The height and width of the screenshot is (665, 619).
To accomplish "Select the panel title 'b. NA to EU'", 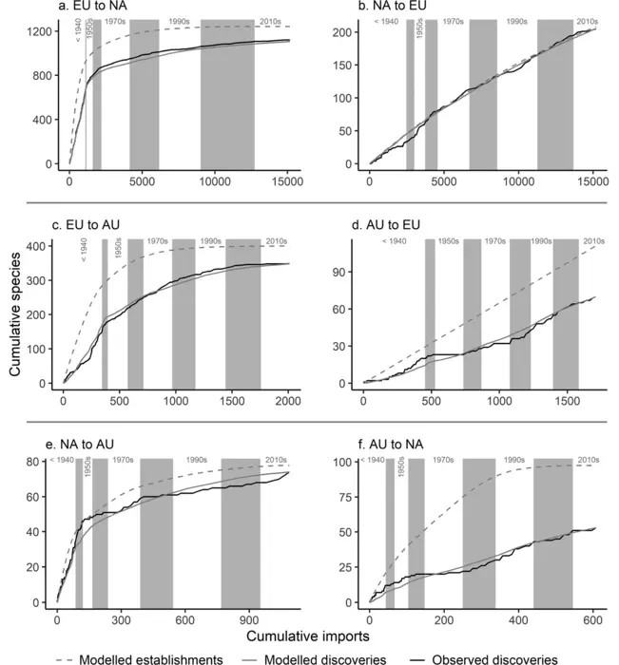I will point(390,9).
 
